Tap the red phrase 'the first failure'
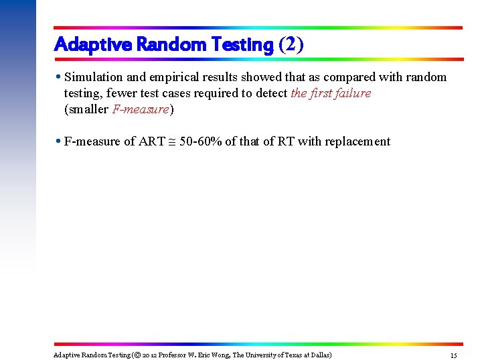(331, 93)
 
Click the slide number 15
(453, 355)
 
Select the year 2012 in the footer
(149, 355)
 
